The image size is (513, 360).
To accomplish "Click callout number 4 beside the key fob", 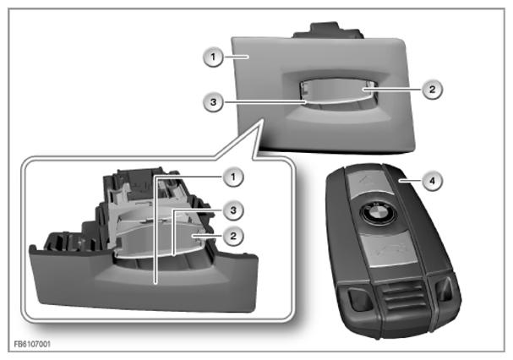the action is click(x=432, y=180).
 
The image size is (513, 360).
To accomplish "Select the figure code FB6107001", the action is click(x=32, y=344).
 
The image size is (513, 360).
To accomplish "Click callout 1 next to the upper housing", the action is click(x=213, y=57).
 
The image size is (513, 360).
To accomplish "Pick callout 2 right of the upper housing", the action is click(x=432, y=89).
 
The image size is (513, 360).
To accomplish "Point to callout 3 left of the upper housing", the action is click(x=213, y=101).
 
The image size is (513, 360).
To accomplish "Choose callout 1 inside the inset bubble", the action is click(x=233, y=177).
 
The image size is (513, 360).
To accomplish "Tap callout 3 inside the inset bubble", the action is click(x=233, y=210).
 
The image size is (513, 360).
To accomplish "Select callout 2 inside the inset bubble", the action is click(x=233, y=236).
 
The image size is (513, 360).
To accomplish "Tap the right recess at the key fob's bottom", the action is click(x=444, y=290).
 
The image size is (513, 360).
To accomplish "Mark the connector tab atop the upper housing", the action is click(x=329, y=30).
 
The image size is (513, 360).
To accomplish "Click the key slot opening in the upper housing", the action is click(x=338, y=90).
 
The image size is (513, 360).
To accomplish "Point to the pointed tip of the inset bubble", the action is click(x=262, y=120).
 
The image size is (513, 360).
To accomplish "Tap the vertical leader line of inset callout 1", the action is click(x=155, y=229).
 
